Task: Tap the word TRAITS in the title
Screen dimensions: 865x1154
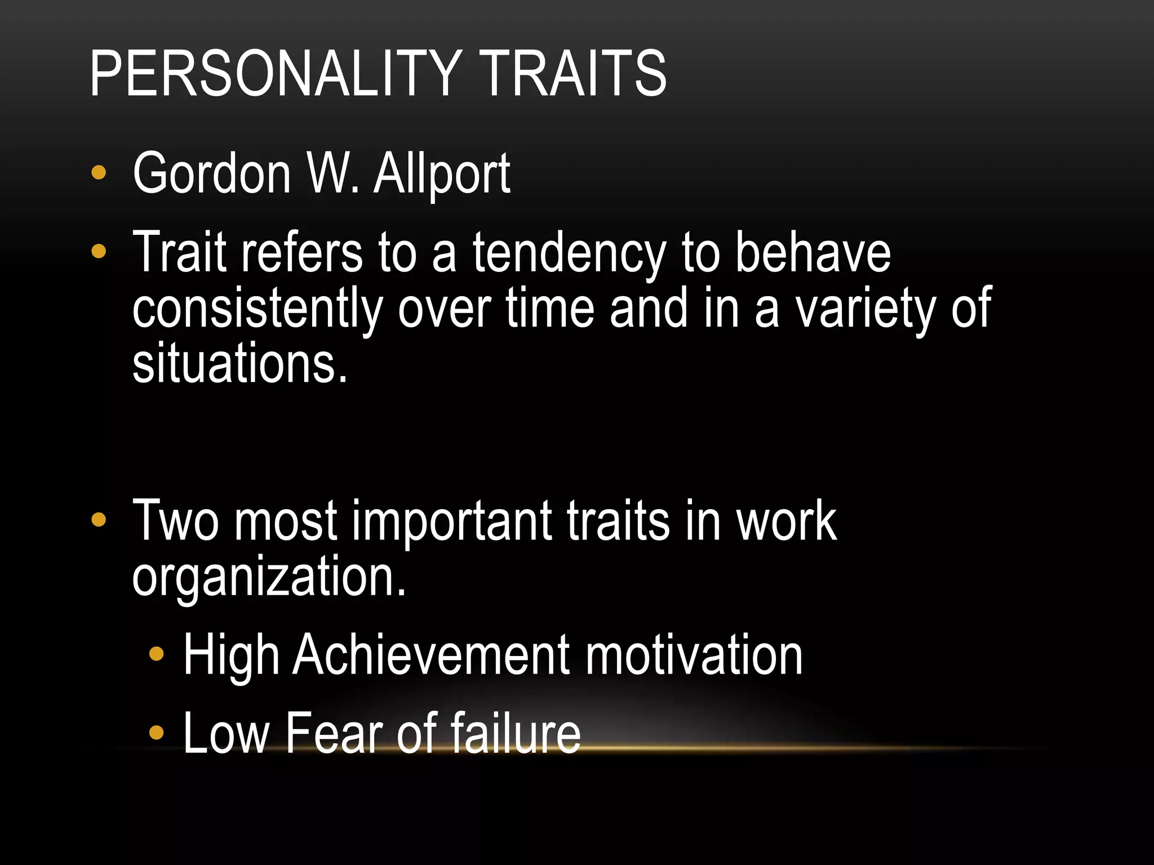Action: point(574,73)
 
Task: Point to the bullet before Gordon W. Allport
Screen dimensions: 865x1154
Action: point(99,173)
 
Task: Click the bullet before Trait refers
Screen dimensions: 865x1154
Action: point(99,252)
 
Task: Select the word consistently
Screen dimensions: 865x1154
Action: point(257,309)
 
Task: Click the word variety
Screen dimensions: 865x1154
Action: point(864,309)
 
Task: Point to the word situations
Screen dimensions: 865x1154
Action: point(239,363)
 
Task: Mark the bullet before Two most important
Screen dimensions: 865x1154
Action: point(99,520)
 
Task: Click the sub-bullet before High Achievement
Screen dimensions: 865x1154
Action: point(156,654)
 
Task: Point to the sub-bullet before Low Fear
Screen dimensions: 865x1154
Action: point(156,733)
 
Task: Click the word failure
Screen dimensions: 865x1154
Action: point(515,733)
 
